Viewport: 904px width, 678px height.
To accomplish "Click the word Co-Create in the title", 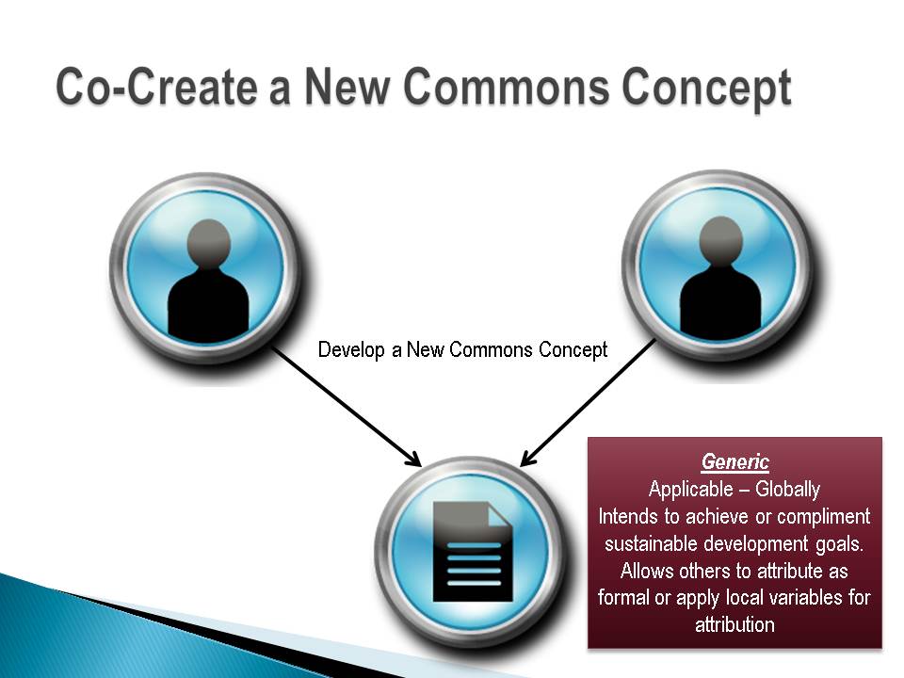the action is click(x=156, y=87).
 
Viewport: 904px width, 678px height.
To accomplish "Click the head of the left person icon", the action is click(x=209, y=243).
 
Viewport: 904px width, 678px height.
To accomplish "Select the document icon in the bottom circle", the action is click(x=473, y=551).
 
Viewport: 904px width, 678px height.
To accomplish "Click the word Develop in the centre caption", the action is click(x=351, y=350).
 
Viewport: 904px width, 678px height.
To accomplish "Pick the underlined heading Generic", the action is click(x=735, y=461).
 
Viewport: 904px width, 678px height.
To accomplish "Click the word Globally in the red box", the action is click(x=787, y=490).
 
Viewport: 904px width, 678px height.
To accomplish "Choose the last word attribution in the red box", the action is click(x=734, y=625).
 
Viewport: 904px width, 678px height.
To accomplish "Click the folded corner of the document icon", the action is click(x=500, y=514).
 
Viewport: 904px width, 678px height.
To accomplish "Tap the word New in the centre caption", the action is click(x=425, y=350).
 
